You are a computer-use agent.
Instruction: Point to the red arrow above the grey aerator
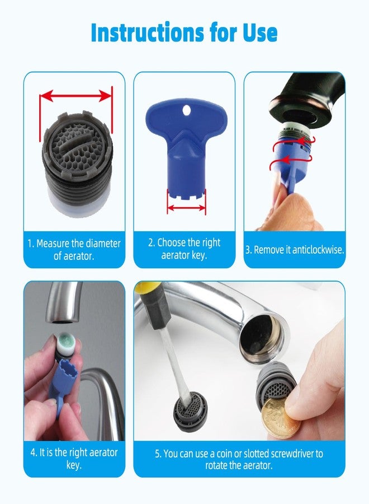pos(75,96)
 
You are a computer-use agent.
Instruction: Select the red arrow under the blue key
pos(187,207)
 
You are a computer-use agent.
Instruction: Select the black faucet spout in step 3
pos(302,95)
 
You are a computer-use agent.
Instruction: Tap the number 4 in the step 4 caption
pos(32,453)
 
